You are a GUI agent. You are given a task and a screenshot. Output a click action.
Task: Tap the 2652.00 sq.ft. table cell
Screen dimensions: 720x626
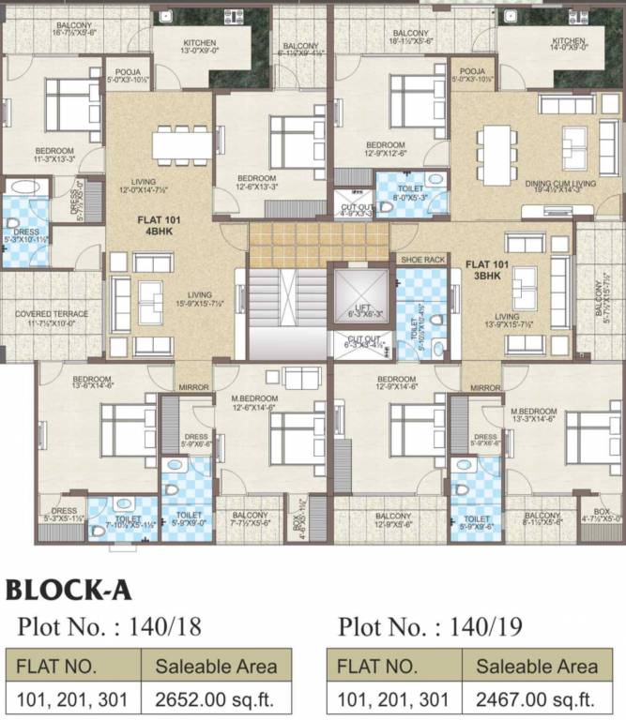coord(217,698)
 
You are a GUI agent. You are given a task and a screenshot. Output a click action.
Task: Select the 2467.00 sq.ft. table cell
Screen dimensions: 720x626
coord(537,698)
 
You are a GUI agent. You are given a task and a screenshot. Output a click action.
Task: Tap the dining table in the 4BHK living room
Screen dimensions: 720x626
coord(183,144)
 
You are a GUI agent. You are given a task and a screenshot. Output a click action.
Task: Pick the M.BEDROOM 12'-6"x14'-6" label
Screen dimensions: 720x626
coord(257,402)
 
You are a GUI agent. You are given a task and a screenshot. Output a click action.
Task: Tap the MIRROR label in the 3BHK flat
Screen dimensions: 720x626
coord(485,387)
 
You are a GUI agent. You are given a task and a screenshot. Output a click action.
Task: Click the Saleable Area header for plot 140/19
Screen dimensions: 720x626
coord(537,667)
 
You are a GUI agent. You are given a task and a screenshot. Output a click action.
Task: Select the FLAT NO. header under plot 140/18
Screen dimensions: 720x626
coord(74,667)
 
